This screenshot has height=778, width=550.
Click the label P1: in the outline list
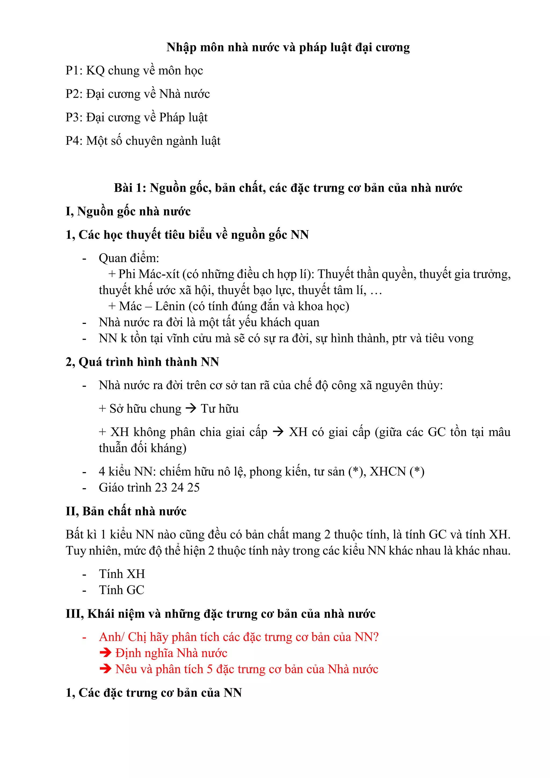coord(74,70)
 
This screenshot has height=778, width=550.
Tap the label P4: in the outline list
coord(74,141)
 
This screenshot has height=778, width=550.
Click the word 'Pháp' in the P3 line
coord(172,117)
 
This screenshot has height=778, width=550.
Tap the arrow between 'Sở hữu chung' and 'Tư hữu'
coord(191,408)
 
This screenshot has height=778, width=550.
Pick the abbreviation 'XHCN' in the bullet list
coord(388,472)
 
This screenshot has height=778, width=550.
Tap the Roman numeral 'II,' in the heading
coord(73,511)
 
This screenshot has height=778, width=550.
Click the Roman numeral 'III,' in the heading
coord(75,614)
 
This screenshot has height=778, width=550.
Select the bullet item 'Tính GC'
coord(122,590)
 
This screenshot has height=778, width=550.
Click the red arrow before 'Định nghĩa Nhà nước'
coord(105,653)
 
